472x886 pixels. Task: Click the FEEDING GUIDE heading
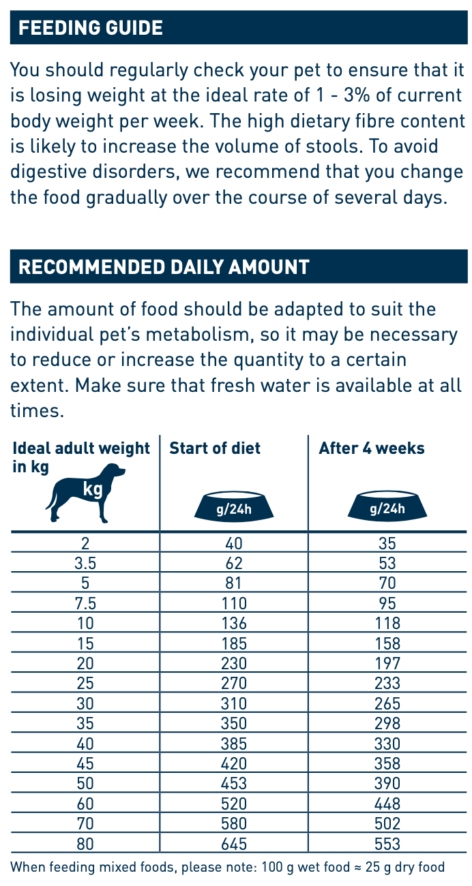[x=91, y=28]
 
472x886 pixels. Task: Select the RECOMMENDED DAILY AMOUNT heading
[x=164, y=266]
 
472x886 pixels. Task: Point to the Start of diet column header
[x=215, y=448]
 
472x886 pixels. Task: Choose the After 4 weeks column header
[x=372, y=448]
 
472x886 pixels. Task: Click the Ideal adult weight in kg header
[x=81, y=457]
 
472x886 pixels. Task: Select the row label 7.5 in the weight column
[x=85, y=603]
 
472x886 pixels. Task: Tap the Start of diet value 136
[x=234, y=623]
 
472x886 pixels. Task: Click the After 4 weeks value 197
[x=387, y=663]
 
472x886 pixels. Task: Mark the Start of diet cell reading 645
[x=234, y=843]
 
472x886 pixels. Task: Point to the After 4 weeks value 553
[x=387, y=843]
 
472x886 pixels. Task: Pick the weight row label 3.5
[x=85, y=564]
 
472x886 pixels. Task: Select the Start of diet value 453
[x=234, y=783]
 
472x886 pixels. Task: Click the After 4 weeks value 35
[x=387, y=544]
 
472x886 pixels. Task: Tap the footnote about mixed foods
[x=228, y=868]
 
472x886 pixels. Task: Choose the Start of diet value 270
[x=234, y=683]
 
